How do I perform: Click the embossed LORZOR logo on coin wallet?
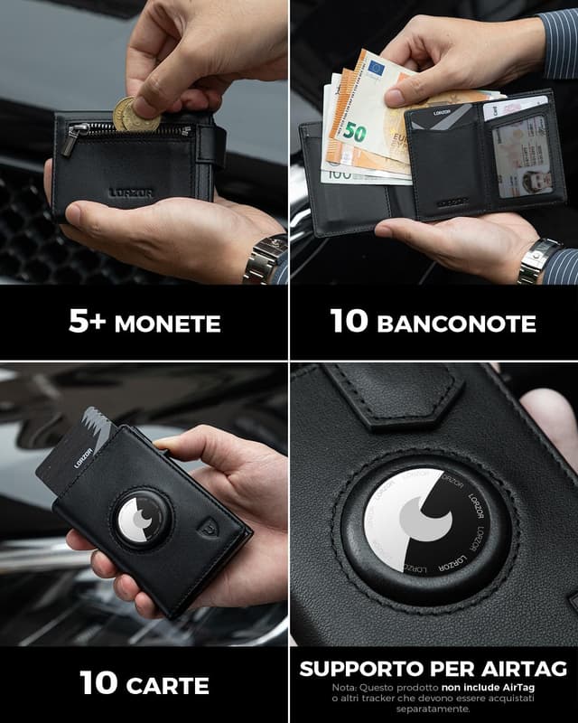tap(131, 192)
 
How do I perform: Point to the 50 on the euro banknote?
tap(354, 133)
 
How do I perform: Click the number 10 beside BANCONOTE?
tap(350, 323)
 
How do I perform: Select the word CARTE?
tap(167, 685)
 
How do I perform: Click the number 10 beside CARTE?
tap(98, 684)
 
